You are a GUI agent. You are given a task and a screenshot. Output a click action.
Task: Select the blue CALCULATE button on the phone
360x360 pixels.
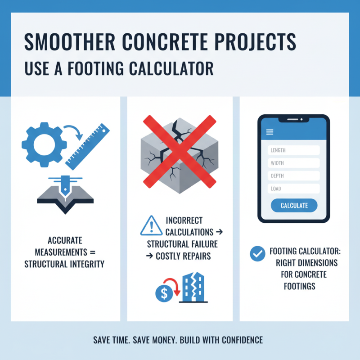pos(294,206)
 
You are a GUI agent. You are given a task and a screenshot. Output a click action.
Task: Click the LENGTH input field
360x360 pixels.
pos(293,150)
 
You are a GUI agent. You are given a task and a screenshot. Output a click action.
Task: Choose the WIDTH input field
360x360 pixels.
pos(293,163)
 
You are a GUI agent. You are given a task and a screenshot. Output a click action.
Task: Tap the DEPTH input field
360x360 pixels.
pos(293,176)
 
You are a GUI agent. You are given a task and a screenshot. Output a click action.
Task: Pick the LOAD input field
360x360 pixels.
pos(293,189)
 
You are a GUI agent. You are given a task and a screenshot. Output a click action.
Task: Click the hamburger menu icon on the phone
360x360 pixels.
pos(270,132)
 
